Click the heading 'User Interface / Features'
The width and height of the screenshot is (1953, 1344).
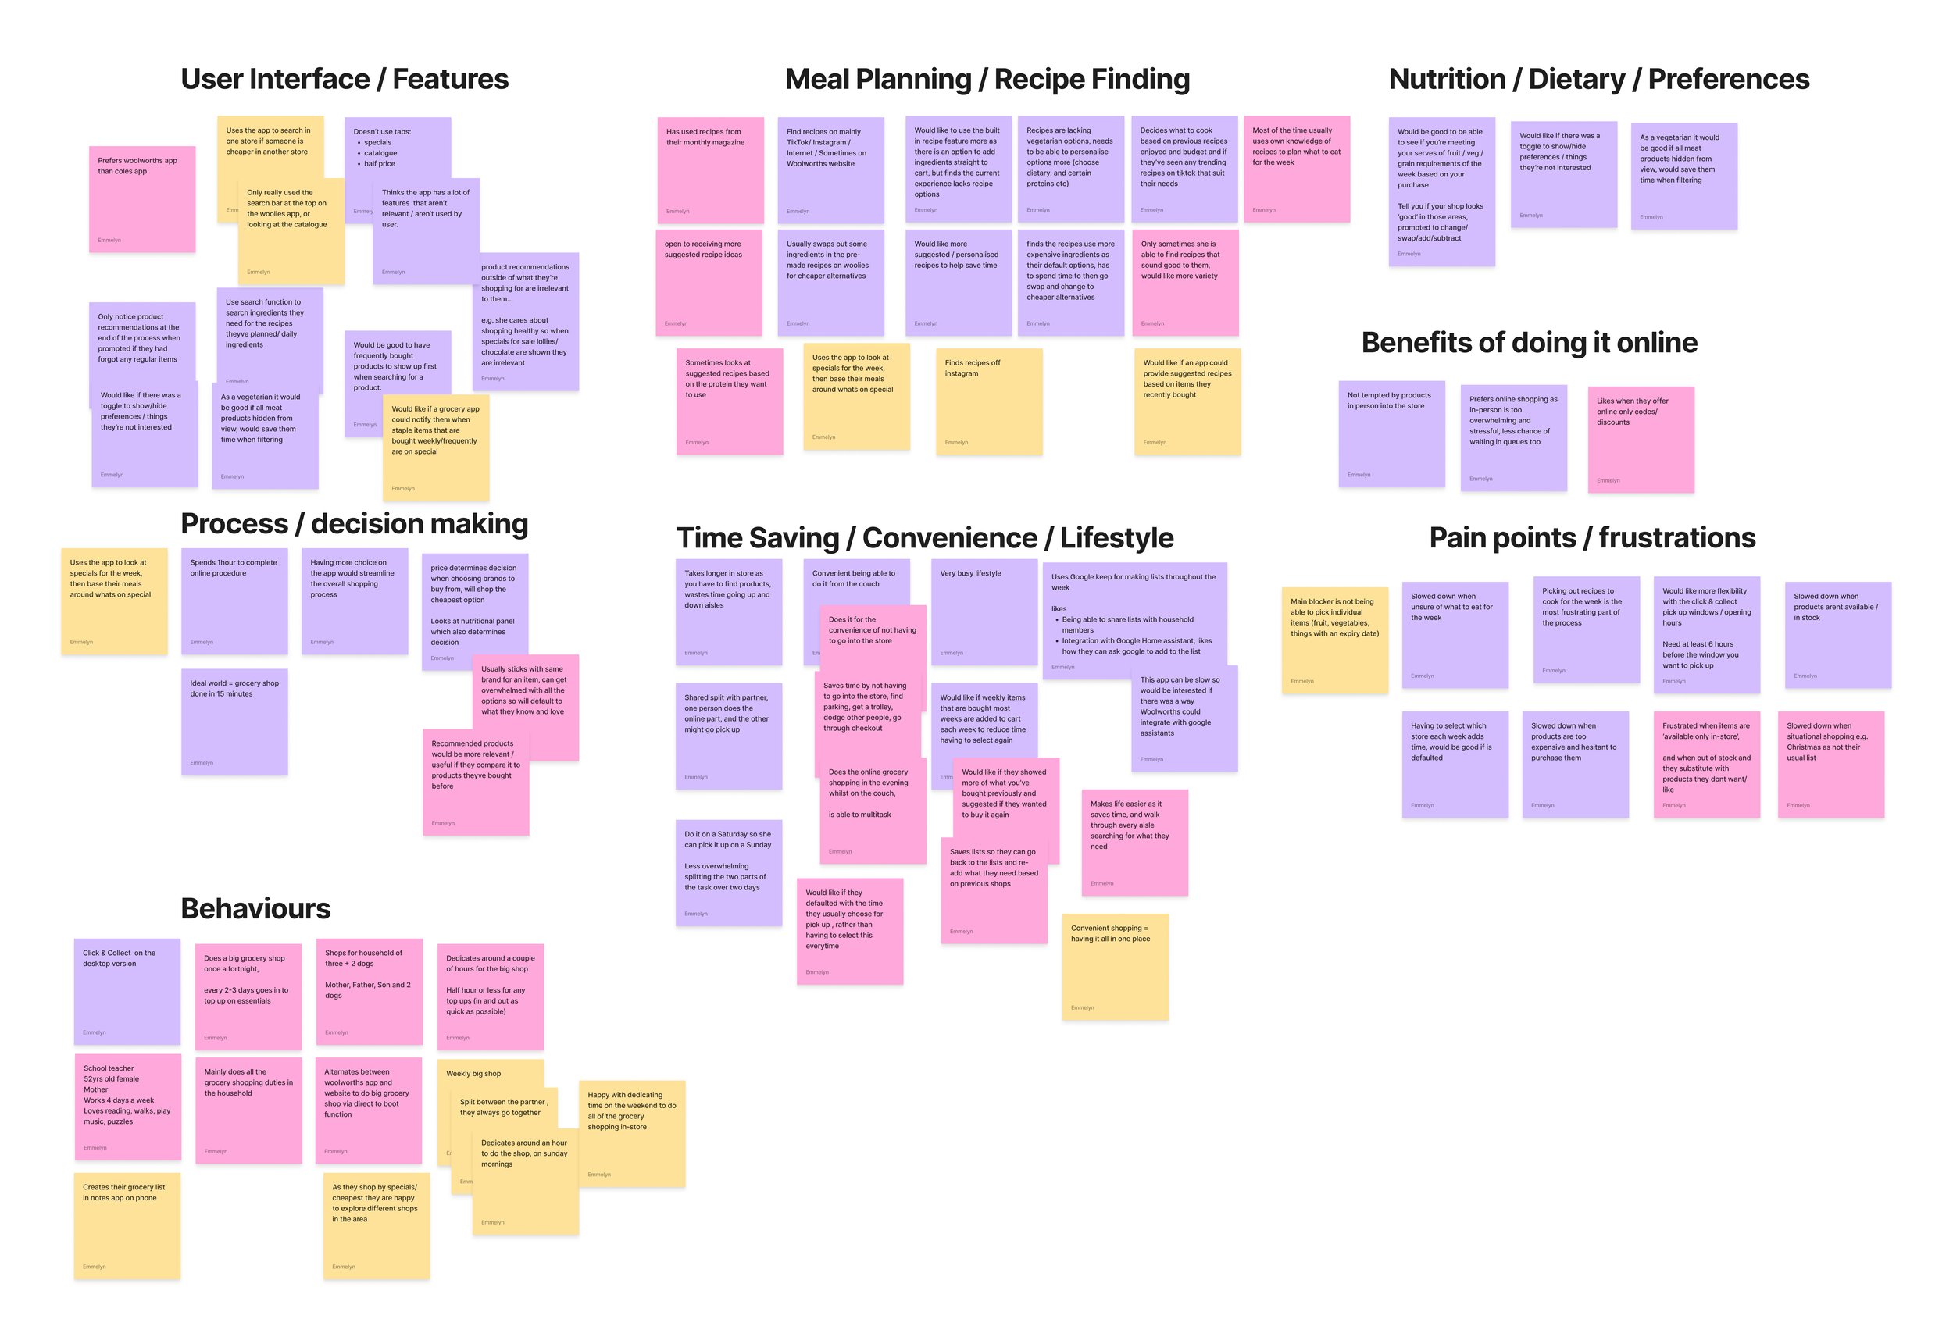tap(345, 79)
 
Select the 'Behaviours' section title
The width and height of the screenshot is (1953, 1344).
tap(255, 909)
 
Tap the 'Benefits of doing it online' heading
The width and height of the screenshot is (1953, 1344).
tap(1529, 343)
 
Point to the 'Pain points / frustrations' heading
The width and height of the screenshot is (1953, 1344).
tap(1592, 537)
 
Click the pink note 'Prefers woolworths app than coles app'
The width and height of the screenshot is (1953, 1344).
tap(141, 198)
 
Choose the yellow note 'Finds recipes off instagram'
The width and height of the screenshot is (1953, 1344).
tap(989, 401)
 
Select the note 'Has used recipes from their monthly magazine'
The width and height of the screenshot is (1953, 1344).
tap(710, 170)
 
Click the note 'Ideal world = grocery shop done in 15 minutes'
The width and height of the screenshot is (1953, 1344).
tap(234, 722)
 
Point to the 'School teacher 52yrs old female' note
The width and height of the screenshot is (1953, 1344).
tap(127, 1107)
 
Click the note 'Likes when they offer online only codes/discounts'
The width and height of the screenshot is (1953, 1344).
tap(1641, 439)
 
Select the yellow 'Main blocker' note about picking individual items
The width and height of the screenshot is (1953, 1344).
tap(1334, 640)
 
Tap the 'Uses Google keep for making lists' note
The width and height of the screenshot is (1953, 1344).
tap(1134, 619)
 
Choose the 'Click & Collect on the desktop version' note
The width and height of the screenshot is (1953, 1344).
tap(127, 991)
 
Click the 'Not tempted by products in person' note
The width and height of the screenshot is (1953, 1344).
tap(1391, 433)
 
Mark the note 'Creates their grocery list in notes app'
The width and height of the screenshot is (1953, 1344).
tap(127, 1226)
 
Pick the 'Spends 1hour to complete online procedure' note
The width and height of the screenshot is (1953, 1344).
tap(234, 601)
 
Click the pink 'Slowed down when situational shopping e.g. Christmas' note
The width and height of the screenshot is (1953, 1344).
tap(1830, 764)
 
